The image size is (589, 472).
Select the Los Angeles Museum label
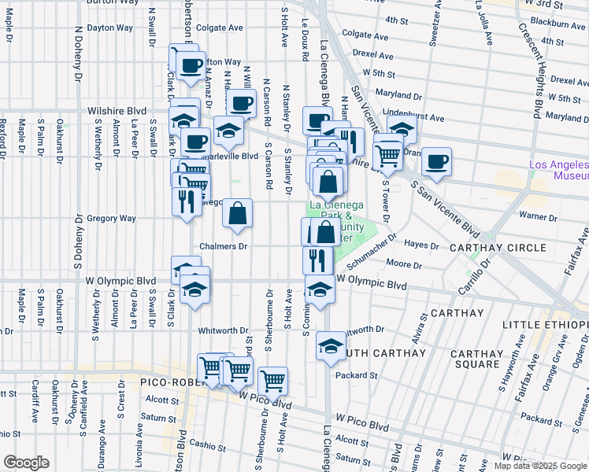[559, 171]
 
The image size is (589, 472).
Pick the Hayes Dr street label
[423, 245]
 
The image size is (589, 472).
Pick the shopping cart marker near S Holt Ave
[272, 382]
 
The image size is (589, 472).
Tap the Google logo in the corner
[26, 463]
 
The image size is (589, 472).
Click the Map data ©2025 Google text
[540, 466]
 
